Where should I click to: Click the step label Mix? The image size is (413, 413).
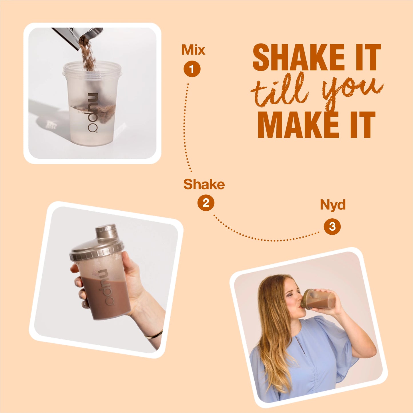tap(193, 50)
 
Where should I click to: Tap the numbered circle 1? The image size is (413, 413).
tap(192, 69)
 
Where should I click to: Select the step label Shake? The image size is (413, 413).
tap(204, 184)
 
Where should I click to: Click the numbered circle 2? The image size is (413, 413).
tap(206, 203)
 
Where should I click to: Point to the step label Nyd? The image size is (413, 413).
tap(333, 205)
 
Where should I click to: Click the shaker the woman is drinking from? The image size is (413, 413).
tap(319, 299)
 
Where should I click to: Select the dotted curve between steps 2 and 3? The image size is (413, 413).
tap(266, 239)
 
